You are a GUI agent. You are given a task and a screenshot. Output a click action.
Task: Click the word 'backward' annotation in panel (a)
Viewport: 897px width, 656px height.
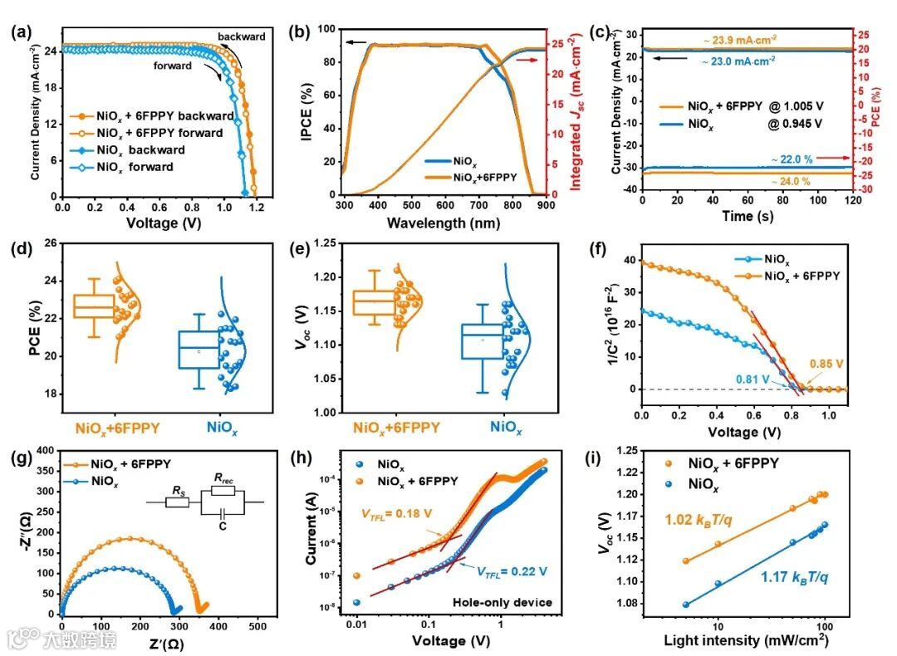(242, 37)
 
